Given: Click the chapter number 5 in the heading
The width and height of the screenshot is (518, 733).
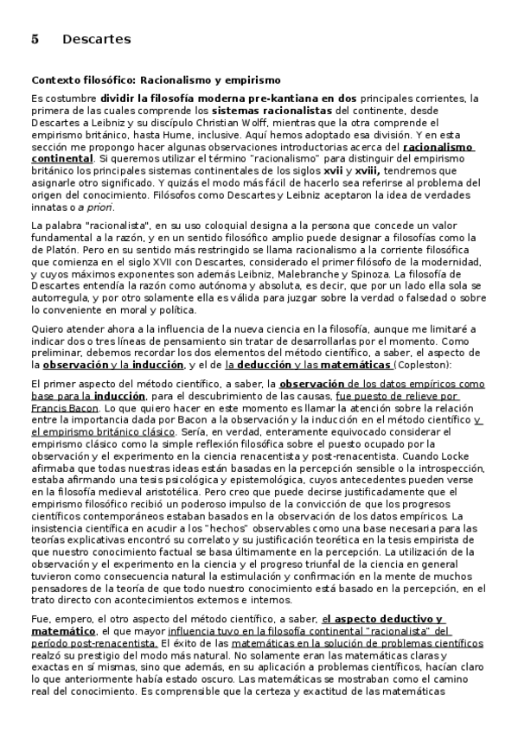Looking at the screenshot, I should click(x=35, y=40).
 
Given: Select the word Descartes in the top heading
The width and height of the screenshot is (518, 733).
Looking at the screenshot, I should click(x=97, y=40).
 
